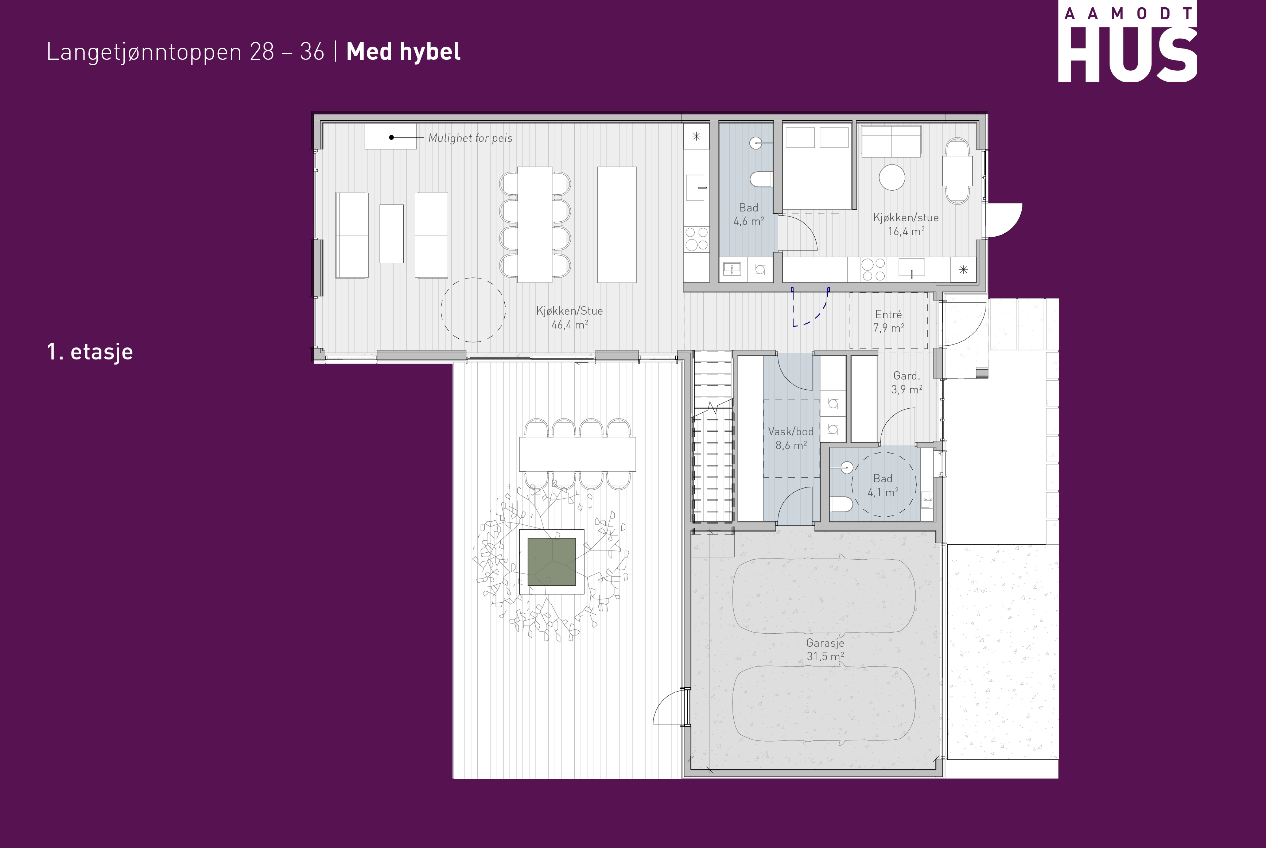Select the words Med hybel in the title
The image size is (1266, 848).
403,52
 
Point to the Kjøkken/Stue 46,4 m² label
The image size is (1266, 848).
570,318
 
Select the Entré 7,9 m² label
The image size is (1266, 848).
889,321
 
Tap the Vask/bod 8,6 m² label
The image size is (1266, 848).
791,438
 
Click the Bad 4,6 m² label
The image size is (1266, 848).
749,214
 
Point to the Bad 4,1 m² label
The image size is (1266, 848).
882,485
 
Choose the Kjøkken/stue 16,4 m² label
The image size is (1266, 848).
906,224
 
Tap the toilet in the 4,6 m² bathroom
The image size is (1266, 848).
761,179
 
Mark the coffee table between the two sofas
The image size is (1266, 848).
392,234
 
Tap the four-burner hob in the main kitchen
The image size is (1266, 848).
696,238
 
